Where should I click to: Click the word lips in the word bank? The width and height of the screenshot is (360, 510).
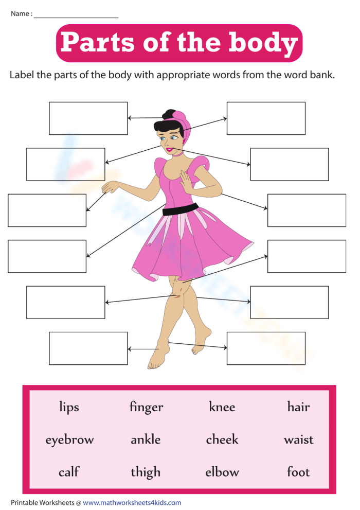tap(69, 408)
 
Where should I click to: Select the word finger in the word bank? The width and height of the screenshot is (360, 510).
tap(146, 408)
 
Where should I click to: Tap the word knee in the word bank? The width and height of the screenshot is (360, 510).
tap(222, 407)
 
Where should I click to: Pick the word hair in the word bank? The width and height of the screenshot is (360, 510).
tap(298, 407)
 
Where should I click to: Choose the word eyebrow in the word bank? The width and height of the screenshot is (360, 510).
tap(69, 440)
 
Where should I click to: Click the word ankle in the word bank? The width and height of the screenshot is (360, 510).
tap(146, 439)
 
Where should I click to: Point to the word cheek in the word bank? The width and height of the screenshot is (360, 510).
tap(222, 439)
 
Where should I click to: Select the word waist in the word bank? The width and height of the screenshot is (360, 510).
tap(298, 439)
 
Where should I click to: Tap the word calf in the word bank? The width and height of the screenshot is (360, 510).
tap(69, 472)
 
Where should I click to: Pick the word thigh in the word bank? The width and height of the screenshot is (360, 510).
tap(146, 472)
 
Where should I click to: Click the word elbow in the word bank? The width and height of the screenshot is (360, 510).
tap(222, 472)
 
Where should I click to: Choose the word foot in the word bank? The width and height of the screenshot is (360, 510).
tap(298, 472)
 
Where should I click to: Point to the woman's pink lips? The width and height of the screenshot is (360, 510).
tap(169, 149)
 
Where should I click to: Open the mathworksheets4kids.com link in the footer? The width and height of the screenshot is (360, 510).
tap(132, 502)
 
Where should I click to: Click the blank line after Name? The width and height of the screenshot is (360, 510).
tap(76, 15)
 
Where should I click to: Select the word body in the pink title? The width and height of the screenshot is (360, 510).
tap(263, 43)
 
